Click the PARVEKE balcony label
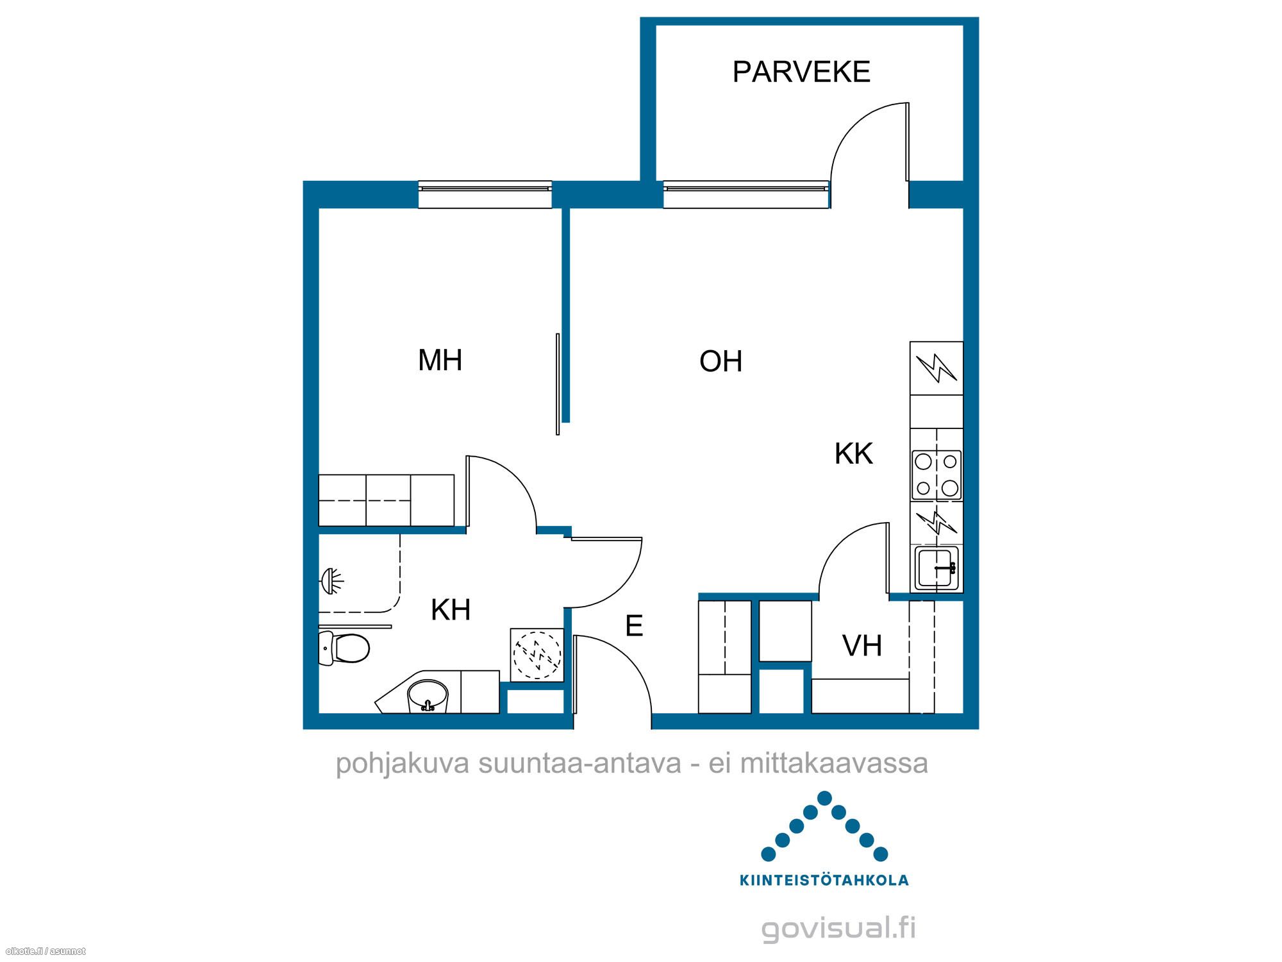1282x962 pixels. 801,72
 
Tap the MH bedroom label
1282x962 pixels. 440,360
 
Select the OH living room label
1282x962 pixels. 721,362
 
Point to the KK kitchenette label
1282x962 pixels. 854,454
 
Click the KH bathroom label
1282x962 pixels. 451,610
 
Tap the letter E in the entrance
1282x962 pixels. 634,626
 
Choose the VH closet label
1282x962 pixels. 862,646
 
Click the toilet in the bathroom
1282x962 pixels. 344,648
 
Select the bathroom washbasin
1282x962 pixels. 428,696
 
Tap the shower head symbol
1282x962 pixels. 331,582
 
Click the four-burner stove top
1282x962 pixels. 937,475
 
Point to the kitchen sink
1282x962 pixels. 937,568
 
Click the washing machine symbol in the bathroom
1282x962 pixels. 537,655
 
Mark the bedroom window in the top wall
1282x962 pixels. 485,194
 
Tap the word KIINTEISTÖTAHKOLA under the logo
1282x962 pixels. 824,881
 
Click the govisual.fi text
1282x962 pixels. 838,929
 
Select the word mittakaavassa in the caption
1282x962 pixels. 834,764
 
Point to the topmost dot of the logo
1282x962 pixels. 824,798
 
